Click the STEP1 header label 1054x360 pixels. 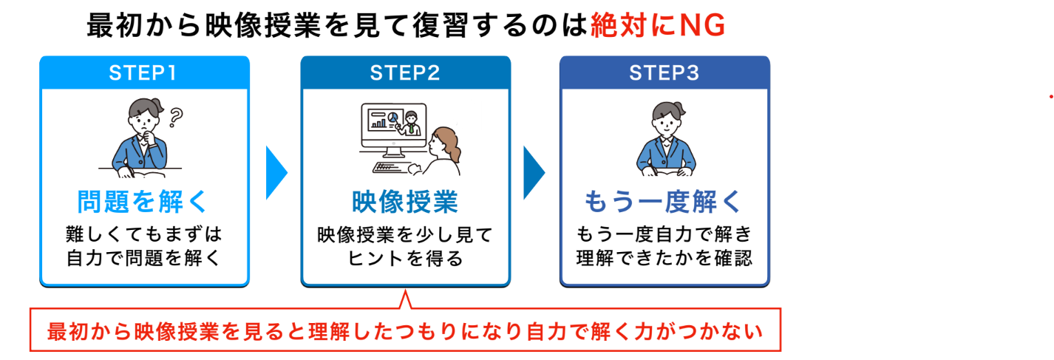coord(144,74)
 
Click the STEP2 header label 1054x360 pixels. coord(405,74)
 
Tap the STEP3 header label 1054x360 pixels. coord(664,74)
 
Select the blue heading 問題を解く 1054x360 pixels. coord(144,202)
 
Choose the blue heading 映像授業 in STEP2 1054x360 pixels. coord(404,202)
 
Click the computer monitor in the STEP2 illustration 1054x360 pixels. coord(391,126)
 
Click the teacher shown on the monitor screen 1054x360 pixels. coord(411,123)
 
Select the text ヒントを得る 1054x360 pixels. coord(404,259)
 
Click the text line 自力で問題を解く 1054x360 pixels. coord(144,259)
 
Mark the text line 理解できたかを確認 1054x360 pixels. coord(664,259)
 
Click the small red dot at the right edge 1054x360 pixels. coord(1050,97)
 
